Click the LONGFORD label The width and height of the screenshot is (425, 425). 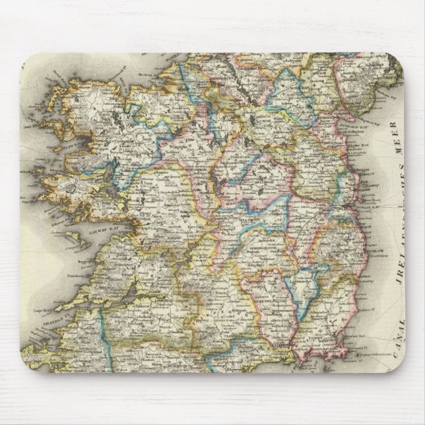[228, 162]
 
